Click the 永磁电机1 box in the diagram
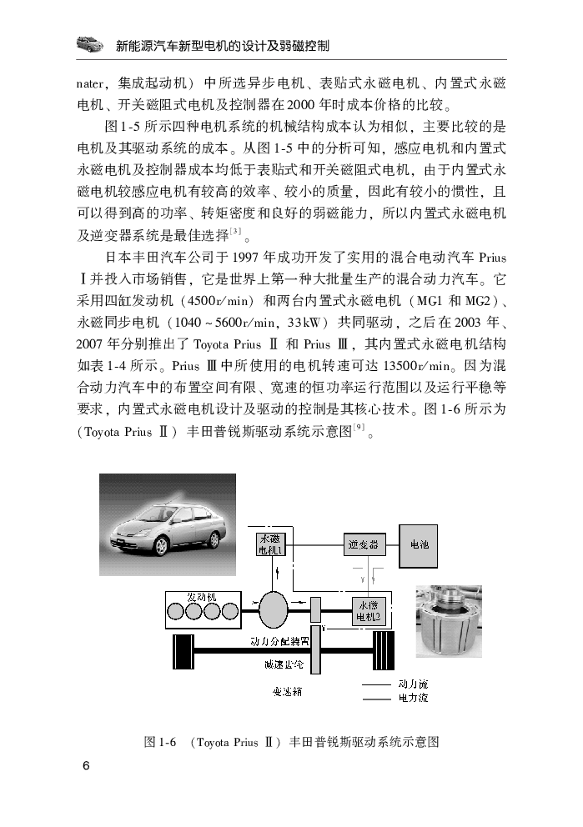(270, 544)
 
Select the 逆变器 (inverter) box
(364, 544)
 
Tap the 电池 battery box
(419, 545)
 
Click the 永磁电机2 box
(369, 611)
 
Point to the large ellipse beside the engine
(274, 610)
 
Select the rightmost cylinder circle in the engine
(230, 612)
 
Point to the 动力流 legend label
(413, 684)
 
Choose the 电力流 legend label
(413, 699)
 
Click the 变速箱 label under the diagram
(288, 691)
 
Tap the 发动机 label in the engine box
(202, 597)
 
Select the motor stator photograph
(449, 621)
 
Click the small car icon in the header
(90, 44)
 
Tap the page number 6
(86, 765)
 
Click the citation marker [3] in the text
(236, 231)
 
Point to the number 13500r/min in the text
(417, 366)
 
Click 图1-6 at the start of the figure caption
(160, 742)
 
